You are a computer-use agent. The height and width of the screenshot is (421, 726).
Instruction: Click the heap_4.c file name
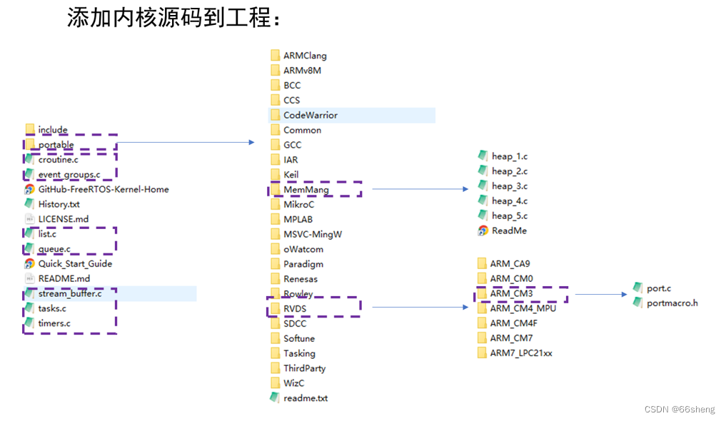pyautogui.click(x=509, y=201)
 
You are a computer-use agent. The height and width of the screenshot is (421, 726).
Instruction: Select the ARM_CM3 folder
pyautogui.click(x=511, y=293)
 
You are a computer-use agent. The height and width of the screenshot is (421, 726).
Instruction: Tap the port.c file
pyautogui.click(x=658, y=288)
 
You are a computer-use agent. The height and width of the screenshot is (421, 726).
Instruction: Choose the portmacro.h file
pyautogui.click(x=671, y=303)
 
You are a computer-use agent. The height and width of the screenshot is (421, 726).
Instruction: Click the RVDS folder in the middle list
pyautogui.click(x=294, y=308)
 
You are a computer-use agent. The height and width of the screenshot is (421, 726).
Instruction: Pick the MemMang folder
pyautogui.click(x=306, y=189)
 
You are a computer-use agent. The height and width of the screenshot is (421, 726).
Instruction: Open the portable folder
pyautogui.click(x=56, y=145)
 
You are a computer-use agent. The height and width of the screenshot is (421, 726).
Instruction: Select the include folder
pyautogui.click(x=53, y=130)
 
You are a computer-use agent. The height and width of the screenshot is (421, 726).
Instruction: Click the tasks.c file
pyautogui.click(x=52, y=308)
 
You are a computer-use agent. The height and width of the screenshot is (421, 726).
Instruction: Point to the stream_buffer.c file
pyautogui.click(x=70, y=293)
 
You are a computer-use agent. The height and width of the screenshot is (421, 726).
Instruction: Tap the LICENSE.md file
pyautogui.click(x=64, y=219)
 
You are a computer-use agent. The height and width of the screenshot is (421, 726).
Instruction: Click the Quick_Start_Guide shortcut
pyautogui.click(x=74, y=263)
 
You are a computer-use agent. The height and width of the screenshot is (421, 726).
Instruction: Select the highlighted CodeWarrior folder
pyautogui.click(x=310, y=115)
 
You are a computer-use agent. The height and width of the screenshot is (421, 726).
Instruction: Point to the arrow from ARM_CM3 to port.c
pyautogui.click(x=600, y=294)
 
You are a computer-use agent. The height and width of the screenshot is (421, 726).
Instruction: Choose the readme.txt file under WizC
pyautogui.click(x=305, y=398)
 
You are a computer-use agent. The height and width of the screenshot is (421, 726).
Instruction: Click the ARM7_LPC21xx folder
pyautogui.click(x=521, y=353)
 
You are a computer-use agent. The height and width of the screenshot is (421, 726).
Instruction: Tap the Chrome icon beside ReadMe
pyautogui.click(x=483, y=230)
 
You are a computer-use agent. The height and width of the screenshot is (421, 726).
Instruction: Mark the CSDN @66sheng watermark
pyautogui.click(x=679, y=410)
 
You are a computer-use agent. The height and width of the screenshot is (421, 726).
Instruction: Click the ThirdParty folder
pyautogui.click(x=304, y=368)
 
